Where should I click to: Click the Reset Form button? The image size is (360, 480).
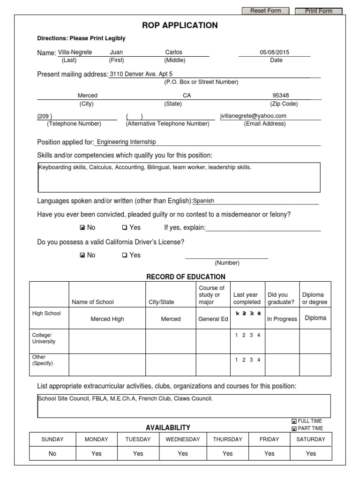click(x=265, y=11)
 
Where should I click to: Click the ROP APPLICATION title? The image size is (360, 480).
click(x=180, y=25)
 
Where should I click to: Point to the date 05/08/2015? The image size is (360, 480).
click(x=275, y=52)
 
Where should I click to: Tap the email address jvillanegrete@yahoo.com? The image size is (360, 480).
click(x=253, y=116)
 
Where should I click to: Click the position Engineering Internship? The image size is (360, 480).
click(x=126, y=142)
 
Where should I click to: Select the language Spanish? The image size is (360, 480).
click(x=204, y=201)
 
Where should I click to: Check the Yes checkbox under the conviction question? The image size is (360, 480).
click(x=125, y=228)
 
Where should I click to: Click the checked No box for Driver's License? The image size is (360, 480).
click(x=82, y=255)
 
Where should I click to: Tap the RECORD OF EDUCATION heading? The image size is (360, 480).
click(x=186, y=277)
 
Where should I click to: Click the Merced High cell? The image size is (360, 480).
click(x=107, y=319)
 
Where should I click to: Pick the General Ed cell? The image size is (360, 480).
click(x=213, y=319)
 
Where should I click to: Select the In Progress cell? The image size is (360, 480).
click(x=282, y=319)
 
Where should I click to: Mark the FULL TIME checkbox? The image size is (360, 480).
click(x=294, y=421)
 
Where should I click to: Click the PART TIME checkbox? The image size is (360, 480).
click(x=294, y=428)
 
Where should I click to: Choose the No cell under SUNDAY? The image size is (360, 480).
click(x=52, y=453)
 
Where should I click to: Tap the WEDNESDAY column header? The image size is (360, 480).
click(x=183, y=439)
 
